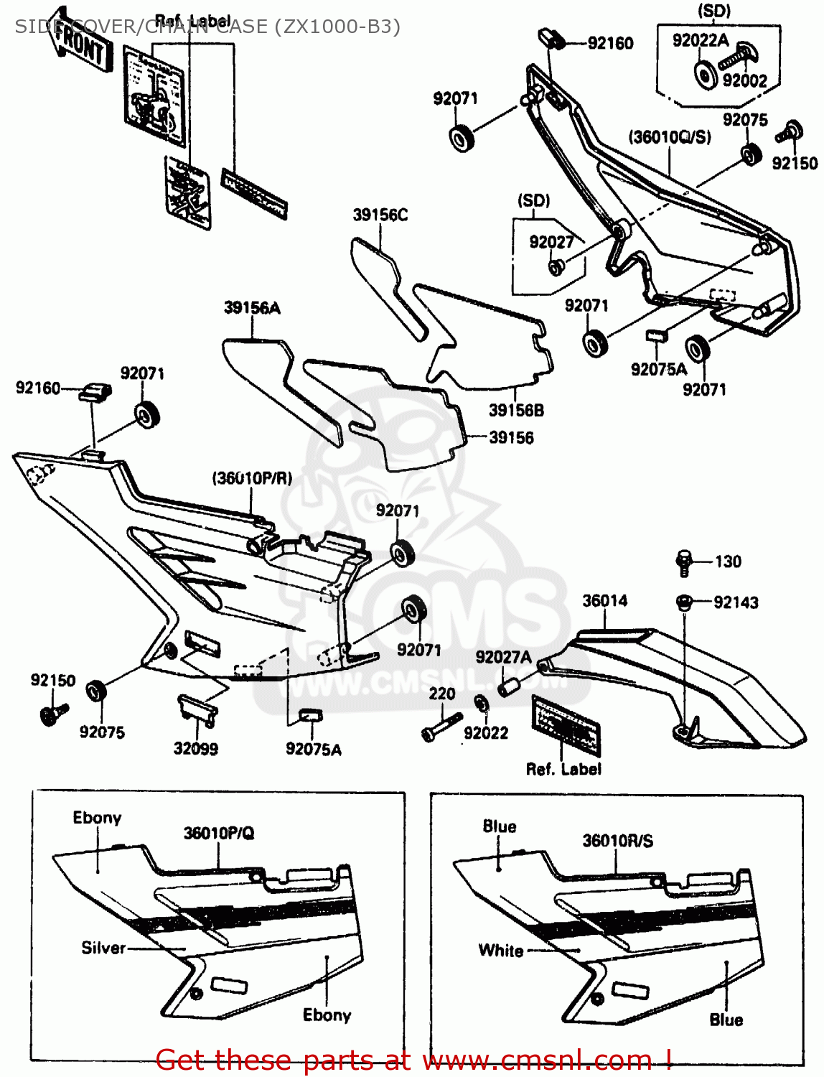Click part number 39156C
380,215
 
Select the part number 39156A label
252,308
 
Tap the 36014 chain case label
604,600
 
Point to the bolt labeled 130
683,562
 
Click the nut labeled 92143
683,602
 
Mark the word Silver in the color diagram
103,948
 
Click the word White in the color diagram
500,951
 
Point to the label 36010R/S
617,841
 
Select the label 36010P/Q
219,833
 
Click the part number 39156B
516,411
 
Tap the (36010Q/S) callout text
670,137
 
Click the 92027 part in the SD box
556,267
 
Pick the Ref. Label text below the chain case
563,769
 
